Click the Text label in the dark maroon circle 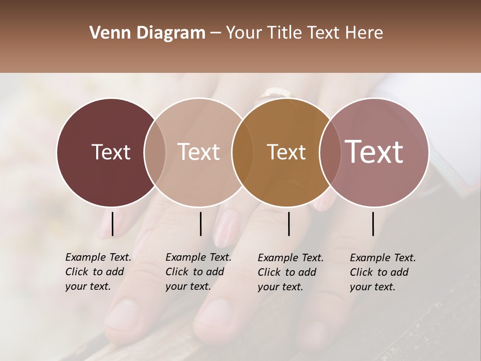[x=111, y=152]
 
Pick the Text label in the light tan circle [x=199, y=152]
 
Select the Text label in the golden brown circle [x=287, y=152]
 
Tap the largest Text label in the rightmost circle [x=374, y=152]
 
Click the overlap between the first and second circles [x=155, y=152]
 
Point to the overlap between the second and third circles [x=243, y=152]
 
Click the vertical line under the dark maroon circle [x=112, y=224]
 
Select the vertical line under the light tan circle [x=200, y=224]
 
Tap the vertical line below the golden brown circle [x=289, y=224]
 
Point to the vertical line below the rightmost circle [x=373, y=224]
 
